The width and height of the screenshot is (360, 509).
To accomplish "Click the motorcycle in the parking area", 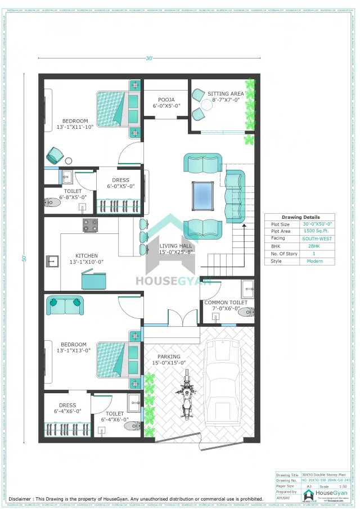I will pos(186,400).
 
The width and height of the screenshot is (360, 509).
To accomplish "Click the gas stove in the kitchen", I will pos(90,226).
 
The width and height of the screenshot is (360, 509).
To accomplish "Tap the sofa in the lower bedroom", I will pos(65,305).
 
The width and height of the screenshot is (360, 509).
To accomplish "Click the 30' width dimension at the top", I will pos(149,58).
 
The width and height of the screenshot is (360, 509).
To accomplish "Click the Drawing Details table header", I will pos(300,217).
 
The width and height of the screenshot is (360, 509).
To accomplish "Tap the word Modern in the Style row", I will pos(316,261).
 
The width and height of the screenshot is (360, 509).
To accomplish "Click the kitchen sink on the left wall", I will pos(52,260).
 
